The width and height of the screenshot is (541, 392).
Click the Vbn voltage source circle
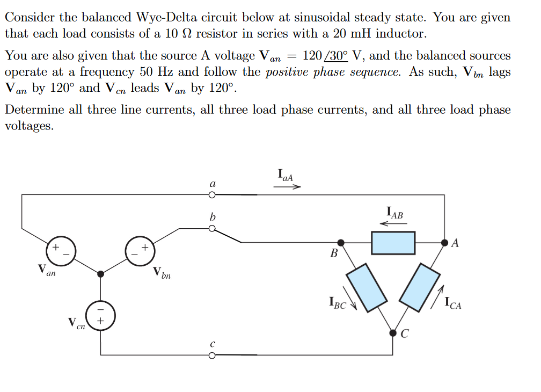138,250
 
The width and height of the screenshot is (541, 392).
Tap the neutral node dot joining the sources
100,274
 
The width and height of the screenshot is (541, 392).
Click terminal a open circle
212,195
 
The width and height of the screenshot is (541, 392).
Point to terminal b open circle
212,228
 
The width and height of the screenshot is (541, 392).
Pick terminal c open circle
212,355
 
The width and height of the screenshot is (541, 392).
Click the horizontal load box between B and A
393,243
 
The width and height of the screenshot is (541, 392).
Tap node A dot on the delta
444,243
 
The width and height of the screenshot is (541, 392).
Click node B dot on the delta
340,243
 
